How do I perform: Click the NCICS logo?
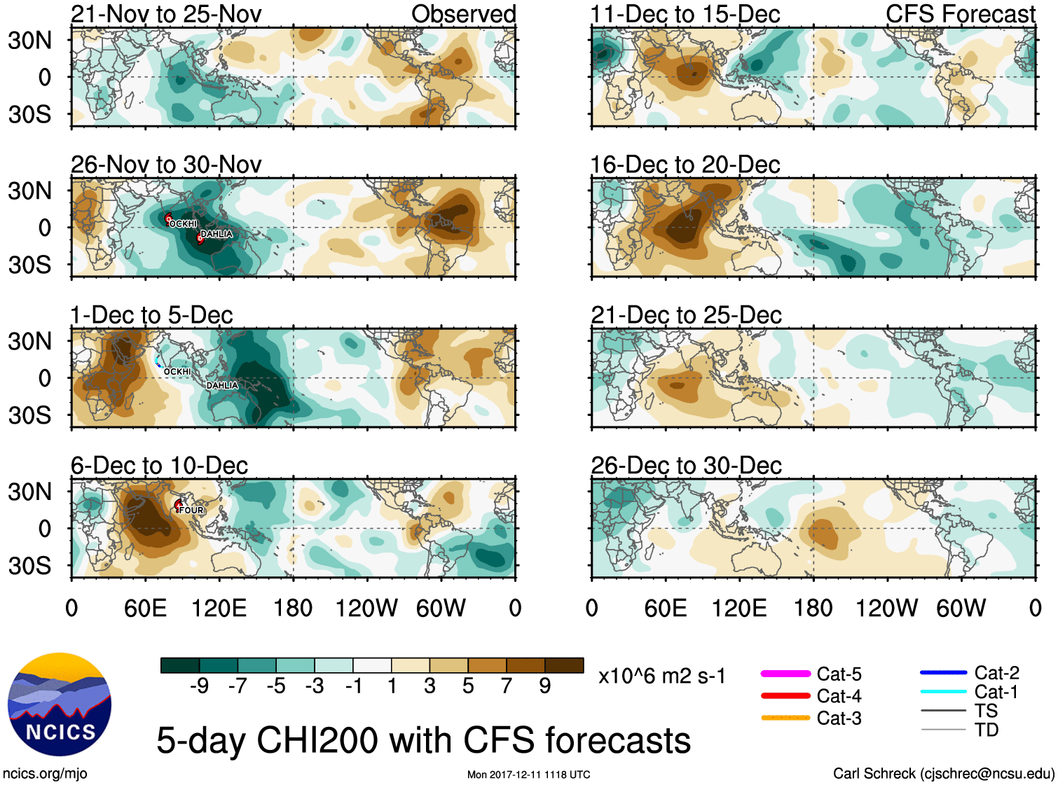[60, 704]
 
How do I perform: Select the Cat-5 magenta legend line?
[785, 674]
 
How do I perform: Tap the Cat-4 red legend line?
[785, 696]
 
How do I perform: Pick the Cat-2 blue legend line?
[943, 673]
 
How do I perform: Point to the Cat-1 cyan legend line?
[943, 692]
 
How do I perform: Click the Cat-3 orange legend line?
[785, 718]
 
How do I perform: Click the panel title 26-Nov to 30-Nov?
[166, 165]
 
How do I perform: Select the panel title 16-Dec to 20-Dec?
[685, 165]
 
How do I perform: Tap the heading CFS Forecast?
[960, 14]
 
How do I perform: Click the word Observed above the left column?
[464, 14]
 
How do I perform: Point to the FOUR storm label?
[191, 510]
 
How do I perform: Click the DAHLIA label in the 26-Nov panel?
[217, 234]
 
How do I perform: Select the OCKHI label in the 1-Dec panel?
[177, 372]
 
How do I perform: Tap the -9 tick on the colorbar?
[199, 686]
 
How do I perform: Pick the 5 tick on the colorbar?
[468, 686]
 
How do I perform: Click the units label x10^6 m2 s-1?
[661, 676]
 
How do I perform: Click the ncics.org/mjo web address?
[45, 773]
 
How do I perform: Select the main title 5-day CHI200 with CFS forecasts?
[423, 740]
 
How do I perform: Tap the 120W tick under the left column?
[366, 608]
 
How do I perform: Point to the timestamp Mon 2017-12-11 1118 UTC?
[528, 774]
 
